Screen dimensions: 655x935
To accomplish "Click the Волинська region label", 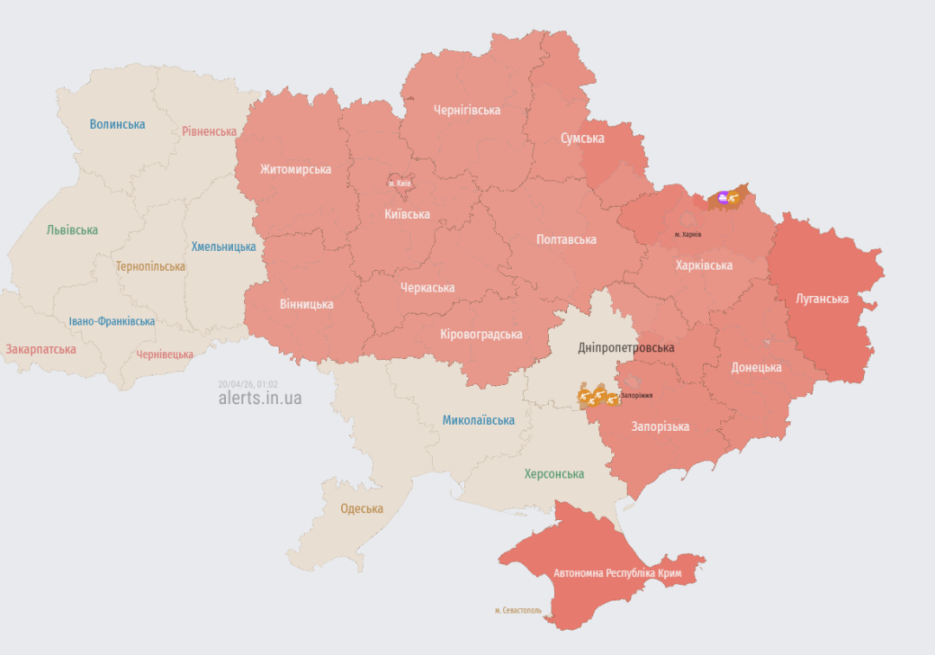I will (x=117, y=124).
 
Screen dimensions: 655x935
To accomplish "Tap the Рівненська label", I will (x=209, y=132).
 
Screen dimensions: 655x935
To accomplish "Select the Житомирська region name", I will (x=295, y=170).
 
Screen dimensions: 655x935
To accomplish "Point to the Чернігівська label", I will (x=467, y=110).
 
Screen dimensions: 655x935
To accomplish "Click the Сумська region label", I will (x=582, y=138).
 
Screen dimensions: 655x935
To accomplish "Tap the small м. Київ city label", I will (x=399, y=183).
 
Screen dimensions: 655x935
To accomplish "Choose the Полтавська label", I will (x=566, y=240).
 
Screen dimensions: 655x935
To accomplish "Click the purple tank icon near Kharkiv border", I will (x=723, y=197).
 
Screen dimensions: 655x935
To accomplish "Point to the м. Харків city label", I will (x=688, y=234).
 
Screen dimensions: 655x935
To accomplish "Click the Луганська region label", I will (x=822, y=299).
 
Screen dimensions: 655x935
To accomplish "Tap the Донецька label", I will (x=756, y=367).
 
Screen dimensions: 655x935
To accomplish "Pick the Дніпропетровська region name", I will (x=626, y=348).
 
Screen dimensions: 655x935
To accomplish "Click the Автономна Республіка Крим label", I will (x=617, y=574).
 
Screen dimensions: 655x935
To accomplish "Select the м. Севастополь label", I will (x=518, y=611).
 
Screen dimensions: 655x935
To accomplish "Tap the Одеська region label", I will (x=361, y=509).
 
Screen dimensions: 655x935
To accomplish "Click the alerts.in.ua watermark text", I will (x=260, y=398).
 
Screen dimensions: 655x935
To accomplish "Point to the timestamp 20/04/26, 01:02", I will (x=248, y=383).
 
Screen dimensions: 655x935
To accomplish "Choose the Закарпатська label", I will (x=41, y=350).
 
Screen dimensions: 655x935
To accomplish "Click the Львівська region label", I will (x=72, y=230).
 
